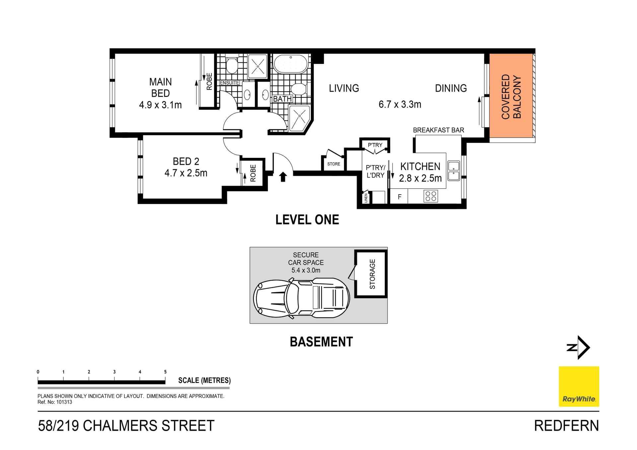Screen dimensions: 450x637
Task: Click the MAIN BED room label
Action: tap(160, 88)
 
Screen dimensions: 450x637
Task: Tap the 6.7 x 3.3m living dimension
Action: tap(400, 104)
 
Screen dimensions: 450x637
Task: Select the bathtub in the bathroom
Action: tap(290, 63)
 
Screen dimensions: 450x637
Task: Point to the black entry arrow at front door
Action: tap(283, 177)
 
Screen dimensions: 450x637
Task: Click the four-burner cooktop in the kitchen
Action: tap(431, 196)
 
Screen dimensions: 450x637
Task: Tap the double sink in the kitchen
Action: tap(454, 171)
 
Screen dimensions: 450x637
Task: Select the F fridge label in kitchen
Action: tap(399, 197)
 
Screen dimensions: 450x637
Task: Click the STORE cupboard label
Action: tap(333, 164)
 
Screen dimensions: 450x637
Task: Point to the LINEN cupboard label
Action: tap(366, 198)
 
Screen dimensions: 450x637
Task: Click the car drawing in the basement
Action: tap(301, 298)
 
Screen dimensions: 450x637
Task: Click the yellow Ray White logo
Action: tap(579, 386)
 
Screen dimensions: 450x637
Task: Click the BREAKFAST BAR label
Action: tap(438, 130)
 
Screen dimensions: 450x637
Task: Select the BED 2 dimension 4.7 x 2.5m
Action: tap(186, 173)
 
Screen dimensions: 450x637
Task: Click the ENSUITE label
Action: tap(229, 83)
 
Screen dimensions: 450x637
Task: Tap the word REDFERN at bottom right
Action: tap(566, 426)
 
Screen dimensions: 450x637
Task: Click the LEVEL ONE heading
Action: tap(307, 220)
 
